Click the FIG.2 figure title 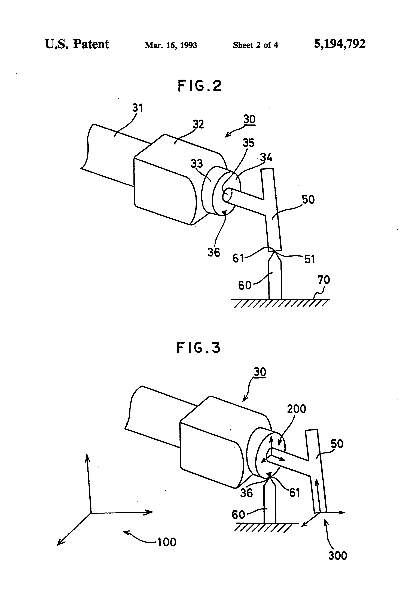coord(199,86)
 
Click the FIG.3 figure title coord(198,348)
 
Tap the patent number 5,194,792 coord(340,44)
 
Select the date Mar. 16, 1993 coord(171,45)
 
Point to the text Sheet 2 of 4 coord(255,45)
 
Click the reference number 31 coord(137,108)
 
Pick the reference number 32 coord(198,124)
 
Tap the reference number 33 coord(197,163)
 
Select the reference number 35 coord(248,143)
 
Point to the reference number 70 coord(324,280)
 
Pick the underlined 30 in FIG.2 coord(249,120)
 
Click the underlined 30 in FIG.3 coord(260,372)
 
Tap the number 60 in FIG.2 coord(245,285)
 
